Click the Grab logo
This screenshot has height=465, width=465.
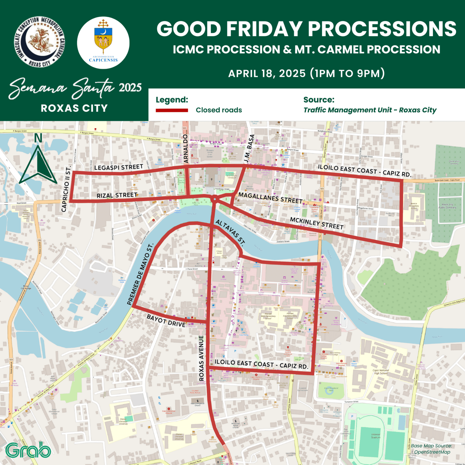point(28,450)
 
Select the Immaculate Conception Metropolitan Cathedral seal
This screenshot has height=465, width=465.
point(40,42)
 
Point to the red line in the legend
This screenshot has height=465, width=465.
point(172,110)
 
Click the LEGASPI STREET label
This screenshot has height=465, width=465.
point(118,167)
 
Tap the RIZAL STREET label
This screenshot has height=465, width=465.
point(117,195)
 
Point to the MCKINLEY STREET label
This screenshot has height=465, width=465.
point(317,223)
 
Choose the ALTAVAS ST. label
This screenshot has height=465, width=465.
point(230,232)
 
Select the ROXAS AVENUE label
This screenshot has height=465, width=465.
point(201,358)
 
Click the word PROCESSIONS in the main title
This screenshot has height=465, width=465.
point(382,29)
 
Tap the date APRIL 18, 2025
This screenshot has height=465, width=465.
point(267,74)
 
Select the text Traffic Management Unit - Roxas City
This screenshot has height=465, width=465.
point(370,110)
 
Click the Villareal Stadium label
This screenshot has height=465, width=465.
point(376,436)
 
